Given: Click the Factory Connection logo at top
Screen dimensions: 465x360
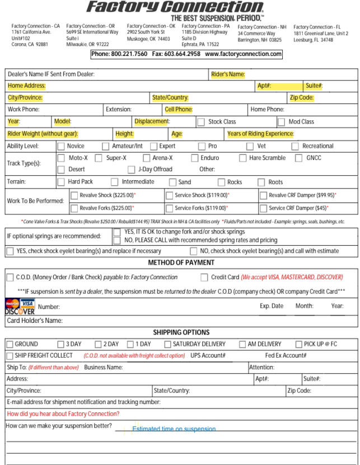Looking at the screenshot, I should click(175, 8).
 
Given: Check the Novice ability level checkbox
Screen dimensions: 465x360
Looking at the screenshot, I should click(61, 146).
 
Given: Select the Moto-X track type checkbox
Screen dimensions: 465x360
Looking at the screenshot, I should click(61, 158).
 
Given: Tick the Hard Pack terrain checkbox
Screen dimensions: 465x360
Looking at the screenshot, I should click(61, 182).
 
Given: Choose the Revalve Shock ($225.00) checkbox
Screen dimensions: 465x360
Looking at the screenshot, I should click(74, 195).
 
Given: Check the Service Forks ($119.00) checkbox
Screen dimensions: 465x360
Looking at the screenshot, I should click(169, 208).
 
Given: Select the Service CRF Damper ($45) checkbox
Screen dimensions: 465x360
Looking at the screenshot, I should click(263, 208).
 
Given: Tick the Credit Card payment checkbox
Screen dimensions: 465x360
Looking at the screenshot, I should click(204, 277).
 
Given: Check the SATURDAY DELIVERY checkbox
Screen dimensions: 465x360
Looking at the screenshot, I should click(167, 344).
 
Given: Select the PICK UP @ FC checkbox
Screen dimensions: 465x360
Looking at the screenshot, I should click(298, 344).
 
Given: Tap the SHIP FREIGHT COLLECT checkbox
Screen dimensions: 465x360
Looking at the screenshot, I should click(10, 355).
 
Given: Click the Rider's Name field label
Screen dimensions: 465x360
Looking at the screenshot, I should click(228, 74).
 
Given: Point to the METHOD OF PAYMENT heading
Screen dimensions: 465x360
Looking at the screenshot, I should click(180, 262).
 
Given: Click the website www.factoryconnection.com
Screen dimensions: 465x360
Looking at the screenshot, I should click(243, 54).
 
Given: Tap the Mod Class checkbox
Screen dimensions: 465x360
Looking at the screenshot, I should click(281, 121).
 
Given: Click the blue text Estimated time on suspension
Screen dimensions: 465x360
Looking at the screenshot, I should click(174, 429).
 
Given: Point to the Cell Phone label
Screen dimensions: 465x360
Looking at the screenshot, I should click(179, 110).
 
